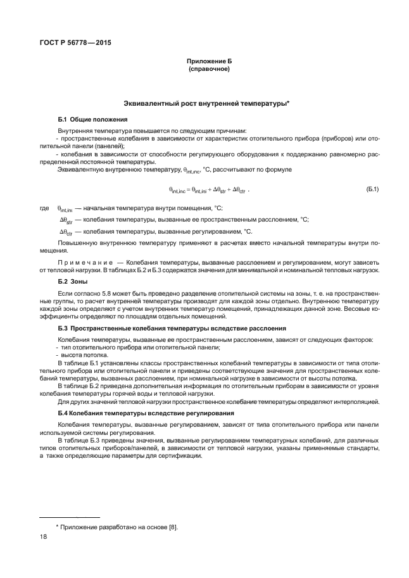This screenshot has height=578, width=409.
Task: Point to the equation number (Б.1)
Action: click(x=372, y=189)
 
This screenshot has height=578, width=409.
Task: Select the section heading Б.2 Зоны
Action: click(x=73, y=280)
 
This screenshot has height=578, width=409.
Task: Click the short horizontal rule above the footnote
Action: click(x=70, y=517)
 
